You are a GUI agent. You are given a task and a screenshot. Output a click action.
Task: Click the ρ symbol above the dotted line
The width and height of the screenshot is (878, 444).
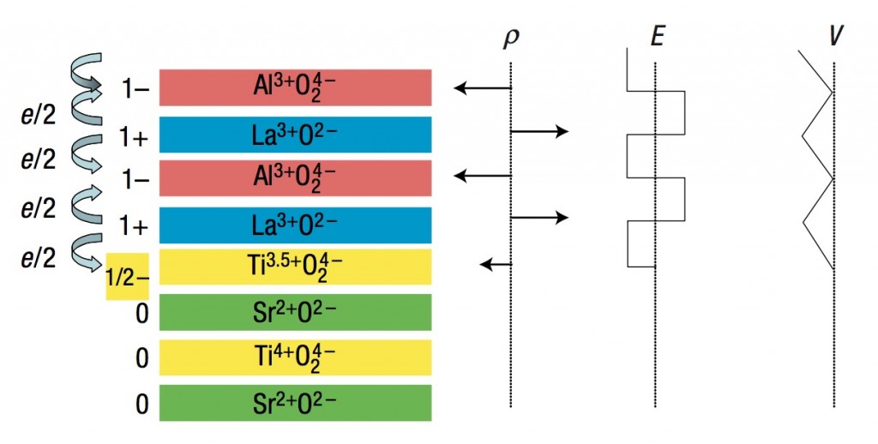[x=511, y=38]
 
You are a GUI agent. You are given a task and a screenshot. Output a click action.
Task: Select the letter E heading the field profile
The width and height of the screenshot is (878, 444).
[x=657, y=36]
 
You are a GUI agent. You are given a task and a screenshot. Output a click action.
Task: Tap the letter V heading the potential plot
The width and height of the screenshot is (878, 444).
[x=835, y=36]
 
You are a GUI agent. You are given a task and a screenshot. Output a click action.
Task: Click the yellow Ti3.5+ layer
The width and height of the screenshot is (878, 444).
[x=295, y=267]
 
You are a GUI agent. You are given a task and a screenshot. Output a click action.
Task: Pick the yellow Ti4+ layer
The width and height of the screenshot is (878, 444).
[x=295, y=357]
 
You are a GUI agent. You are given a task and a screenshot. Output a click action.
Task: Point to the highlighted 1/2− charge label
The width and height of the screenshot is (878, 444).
[x=128, y=276]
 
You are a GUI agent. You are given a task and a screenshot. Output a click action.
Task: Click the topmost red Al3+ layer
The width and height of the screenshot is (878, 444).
[x=295, y=87]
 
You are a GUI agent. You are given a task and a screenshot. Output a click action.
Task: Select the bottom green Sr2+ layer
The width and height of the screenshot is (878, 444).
[x=295, y=403]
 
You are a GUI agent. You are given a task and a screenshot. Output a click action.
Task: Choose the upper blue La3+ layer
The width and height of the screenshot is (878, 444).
[x=295, y=135]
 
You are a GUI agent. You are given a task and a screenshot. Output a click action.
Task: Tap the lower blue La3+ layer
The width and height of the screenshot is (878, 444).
[x=295, y=225]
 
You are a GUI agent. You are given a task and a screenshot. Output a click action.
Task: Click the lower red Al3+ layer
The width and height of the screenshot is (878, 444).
[x=295, y=178]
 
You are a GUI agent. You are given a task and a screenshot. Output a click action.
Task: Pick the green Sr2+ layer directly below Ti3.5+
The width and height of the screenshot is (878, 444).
[x=295, y=312]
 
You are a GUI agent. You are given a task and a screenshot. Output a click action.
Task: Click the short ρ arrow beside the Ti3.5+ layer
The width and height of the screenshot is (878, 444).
[x=496, y=264]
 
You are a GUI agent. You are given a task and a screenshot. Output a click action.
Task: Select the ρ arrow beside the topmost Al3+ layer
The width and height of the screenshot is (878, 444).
[x=483, y=88]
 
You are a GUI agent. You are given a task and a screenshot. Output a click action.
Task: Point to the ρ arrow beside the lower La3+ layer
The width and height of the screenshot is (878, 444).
[x=540, y=217]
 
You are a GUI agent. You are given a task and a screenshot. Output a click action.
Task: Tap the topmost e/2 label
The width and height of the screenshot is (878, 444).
[x=39, y=116]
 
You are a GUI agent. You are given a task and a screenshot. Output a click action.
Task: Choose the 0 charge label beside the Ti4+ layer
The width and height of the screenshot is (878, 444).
[x=142, y=357]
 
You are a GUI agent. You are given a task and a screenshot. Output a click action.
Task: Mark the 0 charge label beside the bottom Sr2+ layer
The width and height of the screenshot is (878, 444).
[x=142, y=403]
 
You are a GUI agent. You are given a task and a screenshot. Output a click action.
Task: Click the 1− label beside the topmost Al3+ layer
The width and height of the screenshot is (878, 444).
[x=135, y=88]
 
